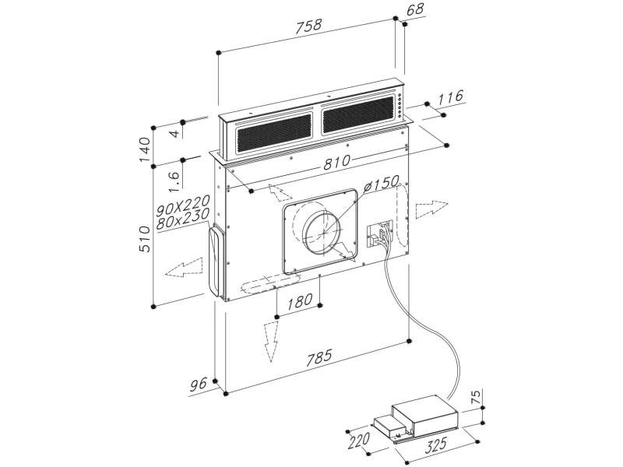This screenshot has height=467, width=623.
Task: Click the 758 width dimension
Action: pos(309,26)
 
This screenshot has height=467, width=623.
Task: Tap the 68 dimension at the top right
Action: pos(414,10)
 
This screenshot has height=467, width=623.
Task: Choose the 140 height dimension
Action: pos(143,148)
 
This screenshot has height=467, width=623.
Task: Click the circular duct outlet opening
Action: pos(322,233)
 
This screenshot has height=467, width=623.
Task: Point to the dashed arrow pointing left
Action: pos(185,269)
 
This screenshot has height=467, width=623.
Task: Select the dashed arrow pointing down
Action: pos(270,339)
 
